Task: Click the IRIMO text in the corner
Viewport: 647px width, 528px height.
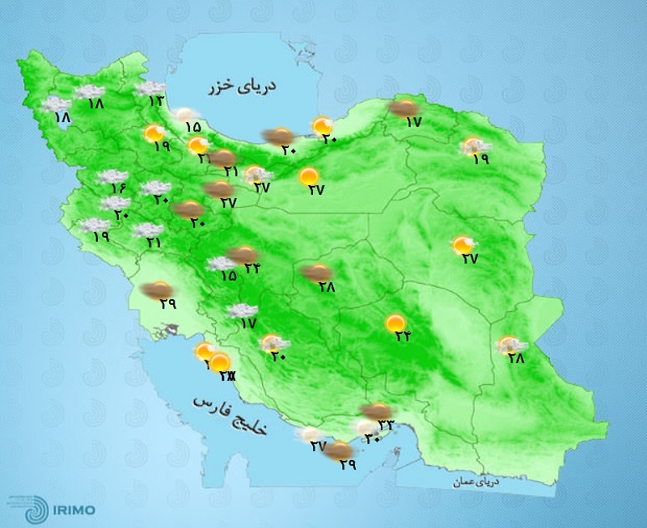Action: click(73, 509)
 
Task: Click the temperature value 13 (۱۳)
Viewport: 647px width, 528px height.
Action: click(155, 101)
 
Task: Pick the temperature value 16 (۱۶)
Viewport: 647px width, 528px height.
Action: click(119, 188)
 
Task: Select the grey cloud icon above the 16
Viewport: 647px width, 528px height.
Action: click(109, 176)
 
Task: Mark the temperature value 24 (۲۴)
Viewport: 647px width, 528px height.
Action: click(252, 268)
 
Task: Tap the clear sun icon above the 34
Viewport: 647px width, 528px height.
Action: click(395, 323)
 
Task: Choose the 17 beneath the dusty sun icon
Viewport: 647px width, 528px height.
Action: click(413, 122)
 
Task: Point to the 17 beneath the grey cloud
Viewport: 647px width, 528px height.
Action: click(247, 323)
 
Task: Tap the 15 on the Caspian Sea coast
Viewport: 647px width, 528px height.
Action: click(192, 126)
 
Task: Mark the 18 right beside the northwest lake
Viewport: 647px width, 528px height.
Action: click(62, 118)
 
